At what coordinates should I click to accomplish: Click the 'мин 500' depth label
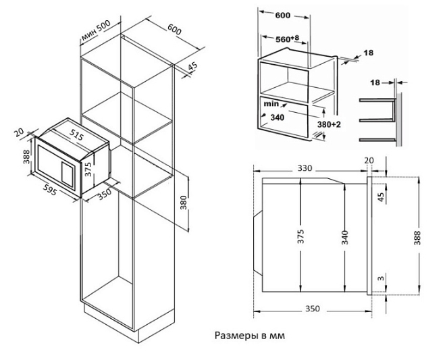point(95,32)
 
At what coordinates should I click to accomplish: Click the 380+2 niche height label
point(330,125)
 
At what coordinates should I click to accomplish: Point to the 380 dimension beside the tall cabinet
point(183,203)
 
